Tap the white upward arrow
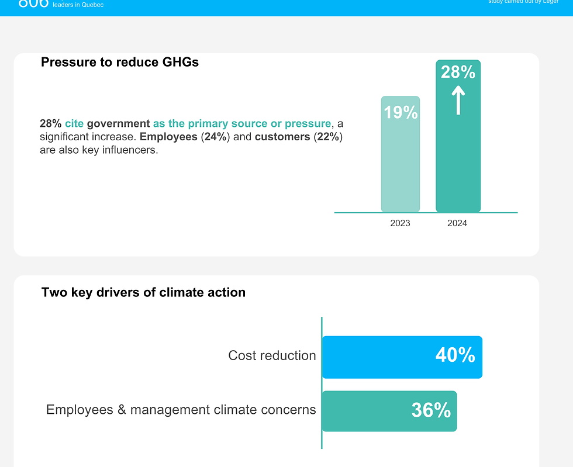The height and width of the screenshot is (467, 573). pos(458,101)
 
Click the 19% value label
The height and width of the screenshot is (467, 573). pos(401,112)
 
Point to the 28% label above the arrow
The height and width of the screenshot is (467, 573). pos(458,72)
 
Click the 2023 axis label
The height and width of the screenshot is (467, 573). pos(400,223)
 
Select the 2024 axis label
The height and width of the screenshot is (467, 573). pos(457,223)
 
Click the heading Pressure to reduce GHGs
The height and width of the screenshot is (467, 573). pos(120,62)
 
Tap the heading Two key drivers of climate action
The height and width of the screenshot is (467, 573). pos(143,292)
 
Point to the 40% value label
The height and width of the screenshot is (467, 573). pos(455,355)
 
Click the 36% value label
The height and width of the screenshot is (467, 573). pos(431,410)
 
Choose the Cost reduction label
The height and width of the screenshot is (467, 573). pos(272,355)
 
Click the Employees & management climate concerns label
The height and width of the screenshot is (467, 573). pos(181,410)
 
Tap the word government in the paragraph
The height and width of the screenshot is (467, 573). pos(118,124)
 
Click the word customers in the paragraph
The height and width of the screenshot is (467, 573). pos(282,137)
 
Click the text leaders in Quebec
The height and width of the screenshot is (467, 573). pos(78,5)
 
